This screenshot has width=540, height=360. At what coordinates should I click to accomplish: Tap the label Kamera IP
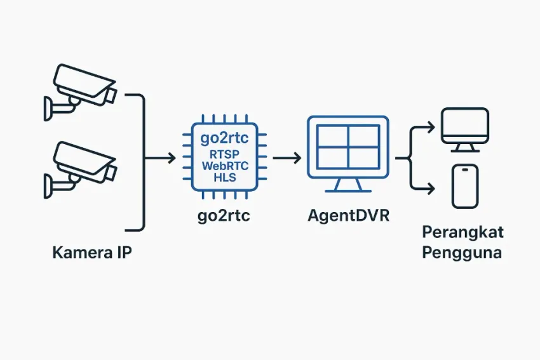click(x=93, y=254)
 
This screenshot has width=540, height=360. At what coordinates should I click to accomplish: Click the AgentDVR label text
click(x=349, y=216)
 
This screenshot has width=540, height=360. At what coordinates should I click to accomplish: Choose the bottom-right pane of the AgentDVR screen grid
click(x=364, y=156)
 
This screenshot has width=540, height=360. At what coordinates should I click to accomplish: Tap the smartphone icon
click(x=464, y=185)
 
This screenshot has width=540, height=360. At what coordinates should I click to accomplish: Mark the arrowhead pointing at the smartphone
click(x=432, y=188)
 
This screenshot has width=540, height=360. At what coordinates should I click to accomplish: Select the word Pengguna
click(x=462, y=253)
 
